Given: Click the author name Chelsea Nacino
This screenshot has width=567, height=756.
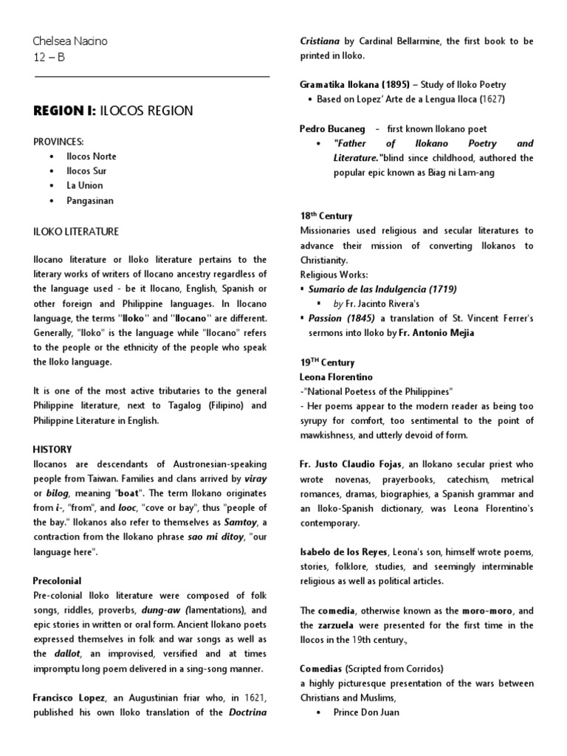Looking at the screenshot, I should [x=71, y=41].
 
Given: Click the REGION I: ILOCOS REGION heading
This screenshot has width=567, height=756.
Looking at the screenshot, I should [x=114, y=111].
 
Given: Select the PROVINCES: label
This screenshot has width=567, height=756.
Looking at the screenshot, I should [x=58, y=141].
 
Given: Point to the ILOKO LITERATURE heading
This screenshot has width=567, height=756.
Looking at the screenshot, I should [x=76, y=232].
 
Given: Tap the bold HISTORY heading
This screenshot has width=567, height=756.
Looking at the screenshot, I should [x=52, y=449].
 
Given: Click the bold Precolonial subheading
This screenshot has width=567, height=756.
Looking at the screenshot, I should [x=57, y=581].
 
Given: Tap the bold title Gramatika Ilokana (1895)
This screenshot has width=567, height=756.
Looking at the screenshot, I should [x=354, y=84].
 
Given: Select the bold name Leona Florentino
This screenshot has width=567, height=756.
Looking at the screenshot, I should [x=336, y=377].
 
